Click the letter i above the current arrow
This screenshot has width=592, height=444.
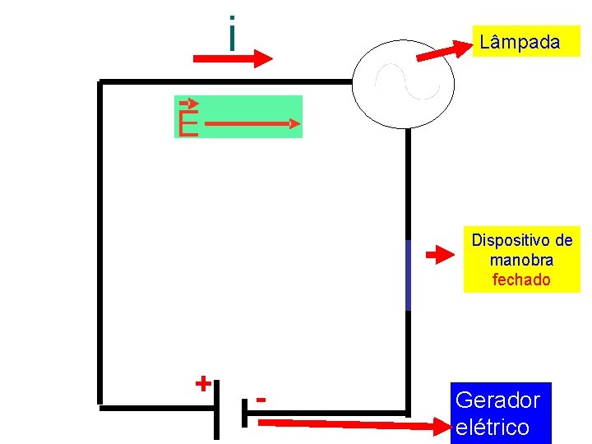pyautogui.click(x=233, y=33)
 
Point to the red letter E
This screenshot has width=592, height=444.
pyautogui.click(x=188, y=124)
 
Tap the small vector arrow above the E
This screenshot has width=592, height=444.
pyautogui.click(x=189, y=103)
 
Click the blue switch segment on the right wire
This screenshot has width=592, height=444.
pyautogui.click(x=408, y=275)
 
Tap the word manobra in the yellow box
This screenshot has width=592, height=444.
pyautogui.click(x=521, y=261)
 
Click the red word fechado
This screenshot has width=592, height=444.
pyautogui.click(x=521, y=280)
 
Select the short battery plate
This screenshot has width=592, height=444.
pyautogui.click(x=244, y=411)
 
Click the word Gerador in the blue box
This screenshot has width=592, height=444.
pyautogui.click(x=497, y=400)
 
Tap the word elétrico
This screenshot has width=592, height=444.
pyautogui.click(x=492, y=428)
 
